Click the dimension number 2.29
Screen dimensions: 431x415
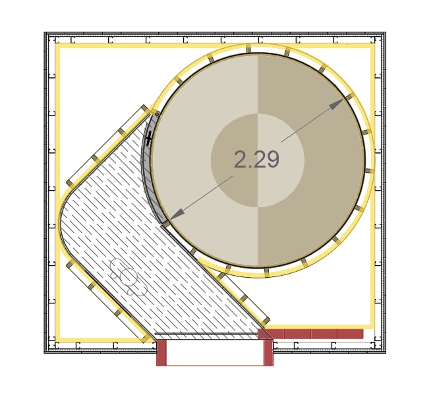point(256,160)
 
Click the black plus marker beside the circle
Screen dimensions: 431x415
point(149,138)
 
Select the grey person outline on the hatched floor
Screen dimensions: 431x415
point(128,277)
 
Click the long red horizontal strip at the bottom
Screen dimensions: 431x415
point(311,334)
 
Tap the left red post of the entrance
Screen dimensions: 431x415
point(161,352)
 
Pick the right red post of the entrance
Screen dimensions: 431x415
point(268,352)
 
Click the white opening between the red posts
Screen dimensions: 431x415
point(215,352)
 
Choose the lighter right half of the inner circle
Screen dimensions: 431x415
point(281,160)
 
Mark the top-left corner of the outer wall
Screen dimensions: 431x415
point(45,32)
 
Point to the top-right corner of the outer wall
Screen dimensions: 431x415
point(386,32)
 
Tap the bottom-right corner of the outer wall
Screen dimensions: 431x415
point(386,353)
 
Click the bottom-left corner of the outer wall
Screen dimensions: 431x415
point(45,353)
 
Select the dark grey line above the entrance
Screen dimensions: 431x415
point(206,334)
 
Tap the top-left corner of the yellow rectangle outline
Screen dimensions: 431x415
point(58,46)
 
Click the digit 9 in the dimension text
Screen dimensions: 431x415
point(272,160)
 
